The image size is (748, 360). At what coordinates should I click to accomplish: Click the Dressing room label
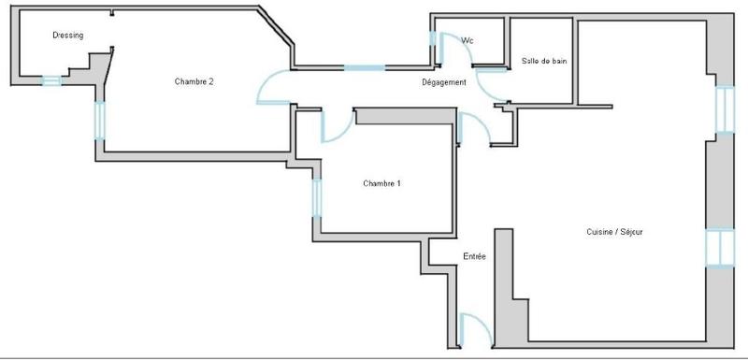(68, 36)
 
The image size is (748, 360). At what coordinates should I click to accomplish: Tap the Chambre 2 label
(194, 81)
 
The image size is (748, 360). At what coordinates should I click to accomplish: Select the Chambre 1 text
(381, 183)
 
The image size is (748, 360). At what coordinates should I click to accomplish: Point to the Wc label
(467, 40)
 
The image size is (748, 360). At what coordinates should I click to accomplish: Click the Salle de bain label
(543, 62)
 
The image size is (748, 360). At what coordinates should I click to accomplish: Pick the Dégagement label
(445, 82)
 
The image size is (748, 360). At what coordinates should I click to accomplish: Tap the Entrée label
(474, 256)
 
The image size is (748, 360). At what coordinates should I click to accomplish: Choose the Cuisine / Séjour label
(613, 232)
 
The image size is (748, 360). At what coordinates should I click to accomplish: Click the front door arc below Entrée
(474, 329)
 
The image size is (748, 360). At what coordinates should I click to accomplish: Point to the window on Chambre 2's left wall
(98, 119)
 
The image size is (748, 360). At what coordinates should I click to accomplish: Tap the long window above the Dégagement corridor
(364, 67)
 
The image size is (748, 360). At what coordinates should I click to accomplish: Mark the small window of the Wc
(433, 45)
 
